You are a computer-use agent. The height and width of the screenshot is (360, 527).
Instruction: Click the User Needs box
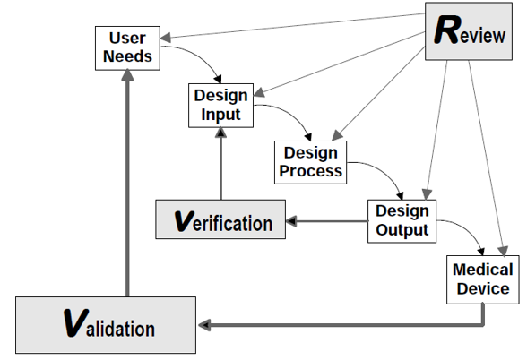[x=127, y=48]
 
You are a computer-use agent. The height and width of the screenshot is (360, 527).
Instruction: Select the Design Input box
[x=220, y=106]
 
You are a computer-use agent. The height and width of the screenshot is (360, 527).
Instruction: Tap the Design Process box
[x=310, y=162]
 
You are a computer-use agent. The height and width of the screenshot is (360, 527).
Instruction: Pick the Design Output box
[x=402, y=221]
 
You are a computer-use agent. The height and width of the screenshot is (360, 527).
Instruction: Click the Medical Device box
[x=483, y=279]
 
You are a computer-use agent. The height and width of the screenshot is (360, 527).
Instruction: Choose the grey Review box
[x=469, y=31]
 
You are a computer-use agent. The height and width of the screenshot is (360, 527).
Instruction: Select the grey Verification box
[x=220, y=219]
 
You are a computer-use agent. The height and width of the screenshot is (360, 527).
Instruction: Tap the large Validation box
[x=106, y=325]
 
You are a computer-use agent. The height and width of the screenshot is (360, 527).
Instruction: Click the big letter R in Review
[x=447, y=30]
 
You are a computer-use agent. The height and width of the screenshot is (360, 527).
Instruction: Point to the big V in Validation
[x=76, y=323]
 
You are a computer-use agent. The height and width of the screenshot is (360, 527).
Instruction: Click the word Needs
[x=127, y=56]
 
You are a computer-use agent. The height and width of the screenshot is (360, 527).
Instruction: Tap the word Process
[x=310, y=170]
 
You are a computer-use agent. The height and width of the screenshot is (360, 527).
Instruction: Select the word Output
[x=402, y=229]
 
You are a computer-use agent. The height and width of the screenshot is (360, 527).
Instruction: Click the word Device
[x=483, y=288]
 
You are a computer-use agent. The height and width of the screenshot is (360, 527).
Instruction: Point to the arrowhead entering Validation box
[x=204, y=325]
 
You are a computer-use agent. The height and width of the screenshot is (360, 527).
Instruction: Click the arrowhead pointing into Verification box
[x=291, y=221]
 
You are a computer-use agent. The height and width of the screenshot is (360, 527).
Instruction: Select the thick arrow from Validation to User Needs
[x=127, y=183]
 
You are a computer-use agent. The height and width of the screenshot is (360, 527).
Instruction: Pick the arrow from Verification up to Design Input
[x=220, y=164]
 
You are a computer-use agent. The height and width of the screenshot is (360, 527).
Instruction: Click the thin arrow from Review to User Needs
[x=293, y=26]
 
